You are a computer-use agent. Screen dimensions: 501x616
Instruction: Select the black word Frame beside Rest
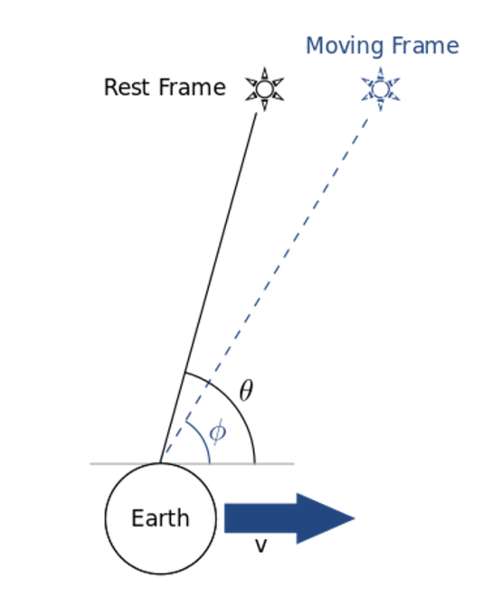[x=193, y=87]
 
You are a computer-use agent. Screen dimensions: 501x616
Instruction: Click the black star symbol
[x=264, y=90]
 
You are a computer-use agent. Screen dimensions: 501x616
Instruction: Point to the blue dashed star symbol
[x=380, y=90]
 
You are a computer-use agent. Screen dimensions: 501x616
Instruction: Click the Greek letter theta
[x=246, y=391]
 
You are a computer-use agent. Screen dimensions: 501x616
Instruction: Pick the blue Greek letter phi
[x=218, y=432]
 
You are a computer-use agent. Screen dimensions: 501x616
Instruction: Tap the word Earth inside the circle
[x=160, y=517]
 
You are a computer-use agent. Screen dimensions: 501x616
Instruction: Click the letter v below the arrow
[x=261, y=545]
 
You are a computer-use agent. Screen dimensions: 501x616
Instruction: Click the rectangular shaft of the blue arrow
[x=260, y=518]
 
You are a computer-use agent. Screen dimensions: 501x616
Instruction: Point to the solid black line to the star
[x=208, y=288]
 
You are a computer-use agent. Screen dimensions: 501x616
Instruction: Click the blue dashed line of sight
[x=264, y=290]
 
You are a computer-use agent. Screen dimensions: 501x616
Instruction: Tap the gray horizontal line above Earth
[x=192, y=464]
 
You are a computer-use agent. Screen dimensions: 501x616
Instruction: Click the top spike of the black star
[x=264, y=73]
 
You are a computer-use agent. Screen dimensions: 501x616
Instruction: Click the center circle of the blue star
[x=380, y=90]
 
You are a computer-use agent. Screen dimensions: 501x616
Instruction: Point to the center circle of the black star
[x=264, y=90]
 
